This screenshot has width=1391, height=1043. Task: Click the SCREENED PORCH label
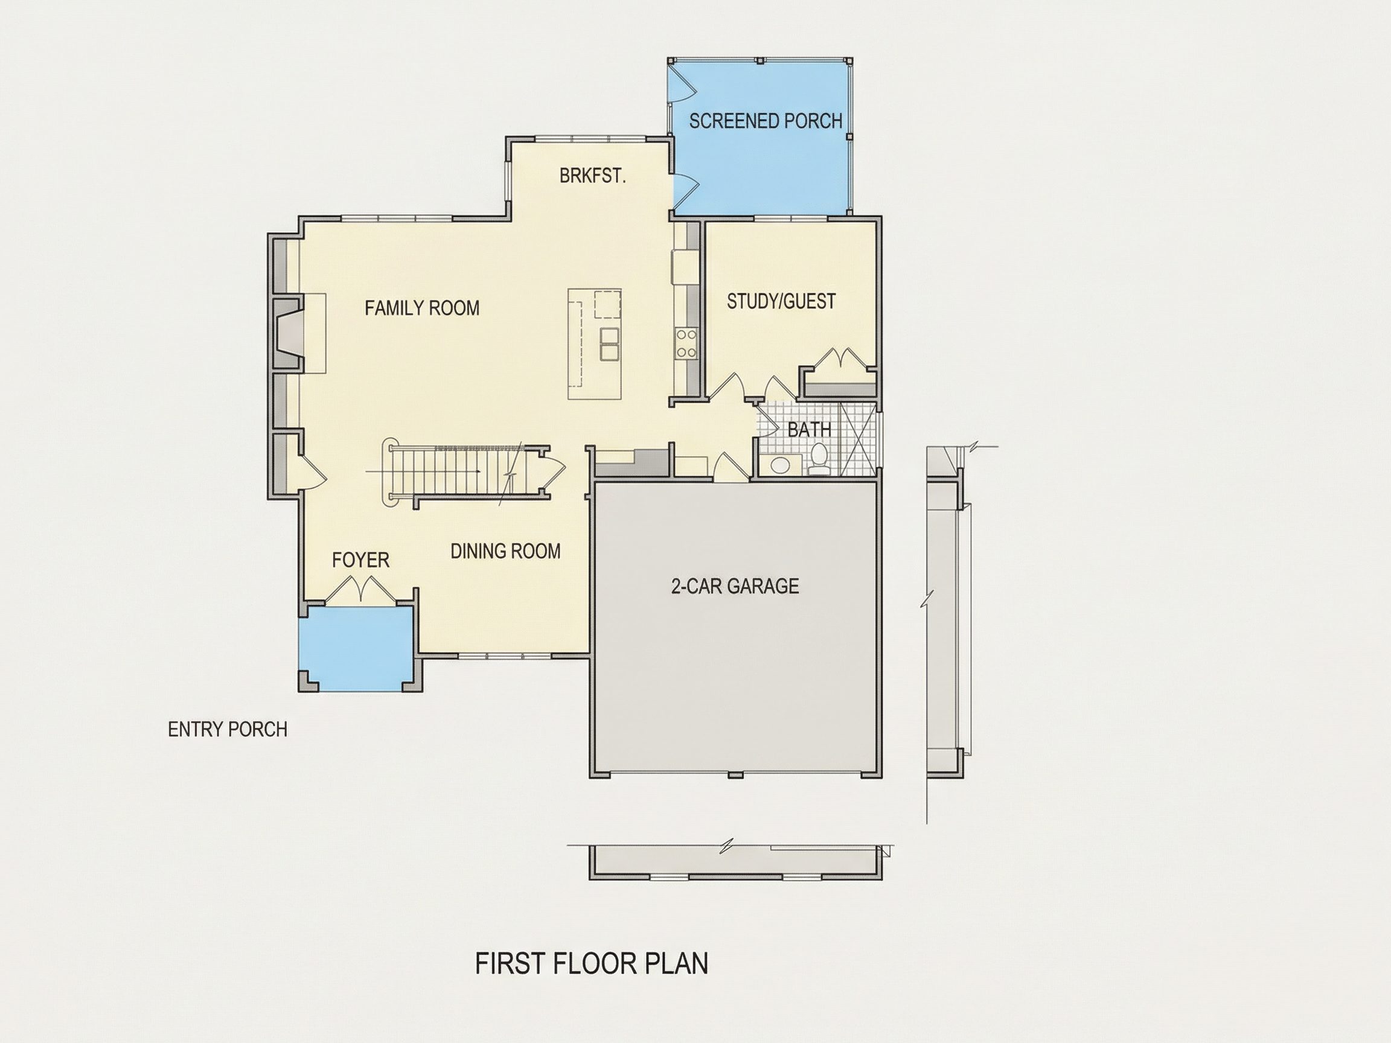click(766, 120)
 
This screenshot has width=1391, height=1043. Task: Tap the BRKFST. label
click(592, 176)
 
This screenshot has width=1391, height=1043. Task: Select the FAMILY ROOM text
click(422, 307)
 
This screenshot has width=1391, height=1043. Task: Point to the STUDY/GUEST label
click(781, 301)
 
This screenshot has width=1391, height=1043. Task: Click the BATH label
click(810, 429)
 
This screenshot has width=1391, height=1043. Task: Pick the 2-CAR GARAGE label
click(735, 586)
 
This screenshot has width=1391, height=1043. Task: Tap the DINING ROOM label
click(505, 550)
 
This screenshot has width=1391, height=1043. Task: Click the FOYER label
click(360, 560)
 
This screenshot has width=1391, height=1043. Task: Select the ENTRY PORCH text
click(228, 729)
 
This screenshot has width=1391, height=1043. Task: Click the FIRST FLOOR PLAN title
click(591, 964)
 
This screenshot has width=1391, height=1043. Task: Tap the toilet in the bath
click(819, 459)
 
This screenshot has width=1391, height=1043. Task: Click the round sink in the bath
click(781, 465)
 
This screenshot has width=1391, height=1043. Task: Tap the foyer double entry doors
click(360, 592)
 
